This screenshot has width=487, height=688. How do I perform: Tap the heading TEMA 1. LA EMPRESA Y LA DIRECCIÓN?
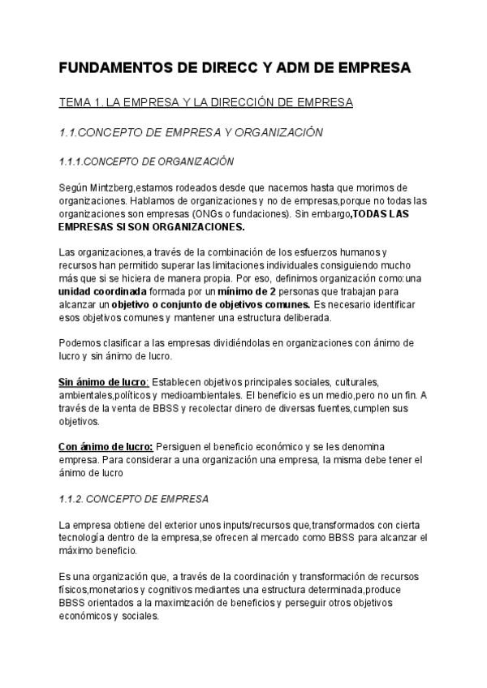[x=206, y=102]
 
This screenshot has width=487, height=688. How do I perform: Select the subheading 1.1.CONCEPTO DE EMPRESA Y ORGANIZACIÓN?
[x=192, y=131]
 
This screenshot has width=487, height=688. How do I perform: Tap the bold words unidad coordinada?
[x=103, y=290]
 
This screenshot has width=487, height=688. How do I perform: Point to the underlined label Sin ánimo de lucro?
[x=103, y=381]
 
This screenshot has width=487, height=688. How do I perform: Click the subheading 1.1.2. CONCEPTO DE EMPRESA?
[x=134, y=497]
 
